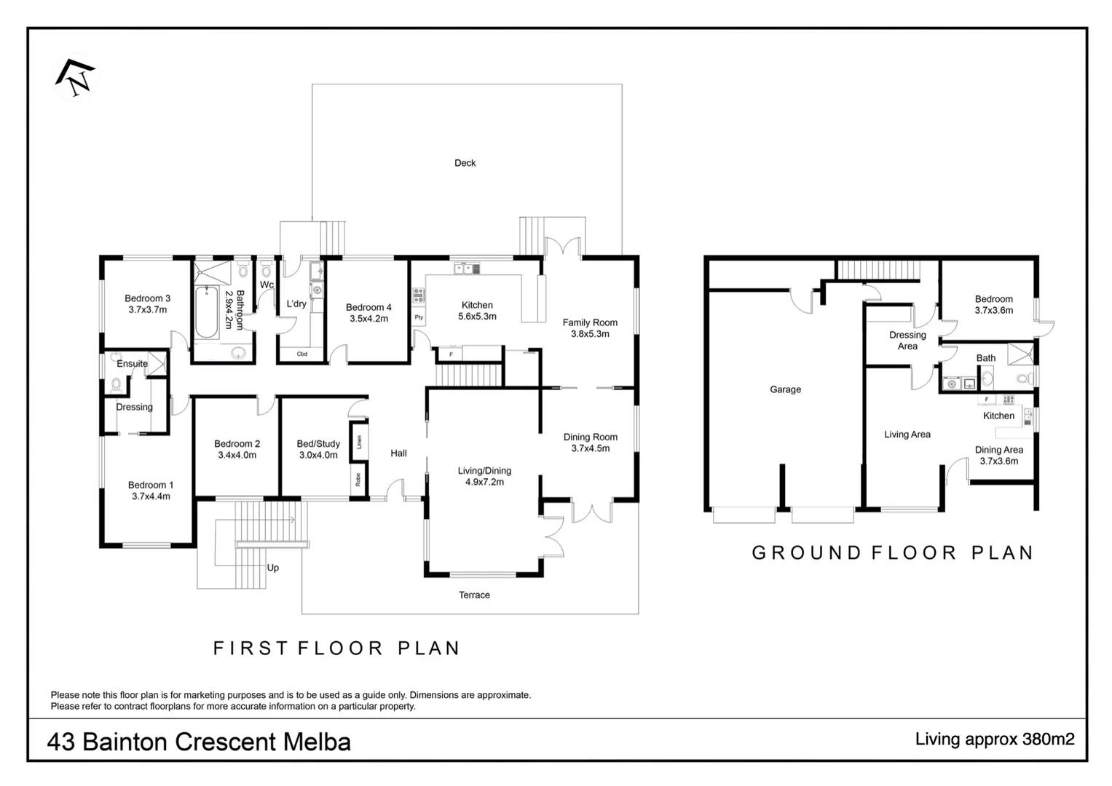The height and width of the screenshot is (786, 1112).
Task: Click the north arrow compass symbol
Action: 75,77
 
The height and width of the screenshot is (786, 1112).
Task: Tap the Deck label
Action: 465,163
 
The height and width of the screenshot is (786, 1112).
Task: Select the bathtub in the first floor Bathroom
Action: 206,312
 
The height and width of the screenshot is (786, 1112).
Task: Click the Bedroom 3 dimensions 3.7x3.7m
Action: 147,309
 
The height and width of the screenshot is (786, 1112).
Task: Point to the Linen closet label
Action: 359,442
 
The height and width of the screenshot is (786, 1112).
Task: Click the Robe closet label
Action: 358,479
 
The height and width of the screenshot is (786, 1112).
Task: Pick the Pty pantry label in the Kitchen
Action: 419,317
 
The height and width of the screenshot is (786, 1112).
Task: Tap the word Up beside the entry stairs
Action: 273,568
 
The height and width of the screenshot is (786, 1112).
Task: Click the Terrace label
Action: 474,595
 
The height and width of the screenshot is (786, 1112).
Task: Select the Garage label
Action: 785,389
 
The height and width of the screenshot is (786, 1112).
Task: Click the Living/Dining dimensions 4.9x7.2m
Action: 484,482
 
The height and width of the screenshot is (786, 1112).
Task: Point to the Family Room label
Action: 590,322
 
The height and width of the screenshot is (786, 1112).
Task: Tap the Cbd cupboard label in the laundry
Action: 301,354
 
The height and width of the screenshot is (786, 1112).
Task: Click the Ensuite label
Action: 132,364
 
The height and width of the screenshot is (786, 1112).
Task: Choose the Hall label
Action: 398,453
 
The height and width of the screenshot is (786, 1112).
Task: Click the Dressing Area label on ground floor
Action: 907,341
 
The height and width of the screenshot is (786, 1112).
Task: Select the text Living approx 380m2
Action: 995,739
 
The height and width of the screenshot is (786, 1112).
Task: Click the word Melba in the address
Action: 317,742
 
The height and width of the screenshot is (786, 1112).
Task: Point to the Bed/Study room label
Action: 318,444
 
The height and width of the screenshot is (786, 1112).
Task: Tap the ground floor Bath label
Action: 986,358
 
